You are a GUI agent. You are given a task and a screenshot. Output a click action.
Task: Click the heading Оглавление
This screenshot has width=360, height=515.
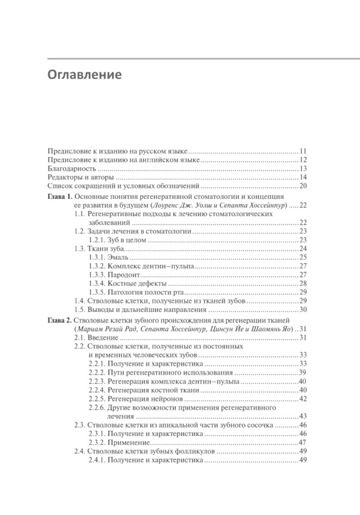pos(85,75)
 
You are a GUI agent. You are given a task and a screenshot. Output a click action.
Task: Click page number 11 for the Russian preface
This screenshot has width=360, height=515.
pos(303,151)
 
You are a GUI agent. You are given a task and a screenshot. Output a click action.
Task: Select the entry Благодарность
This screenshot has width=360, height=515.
pos(72,169)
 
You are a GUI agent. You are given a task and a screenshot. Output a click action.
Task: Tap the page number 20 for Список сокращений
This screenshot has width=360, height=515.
pos(303,186)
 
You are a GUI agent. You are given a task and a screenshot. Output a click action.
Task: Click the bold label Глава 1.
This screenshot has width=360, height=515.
pos(60,197)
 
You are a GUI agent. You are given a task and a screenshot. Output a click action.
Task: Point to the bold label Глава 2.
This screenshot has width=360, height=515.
pos(60,320)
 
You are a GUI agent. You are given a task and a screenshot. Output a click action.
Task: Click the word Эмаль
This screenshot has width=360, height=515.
pos(118,257)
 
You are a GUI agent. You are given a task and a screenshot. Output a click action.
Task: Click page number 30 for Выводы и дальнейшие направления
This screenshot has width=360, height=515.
pos(303,310)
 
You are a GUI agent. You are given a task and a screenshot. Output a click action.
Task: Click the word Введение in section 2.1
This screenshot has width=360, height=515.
pos(103,338)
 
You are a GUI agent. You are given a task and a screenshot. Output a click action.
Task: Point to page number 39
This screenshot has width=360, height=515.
pos(303,373)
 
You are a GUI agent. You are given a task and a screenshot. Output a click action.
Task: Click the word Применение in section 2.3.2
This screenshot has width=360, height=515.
pos(129,443)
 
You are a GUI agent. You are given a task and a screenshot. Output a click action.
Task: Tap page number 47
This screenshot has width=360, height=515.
pos(303,443)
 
